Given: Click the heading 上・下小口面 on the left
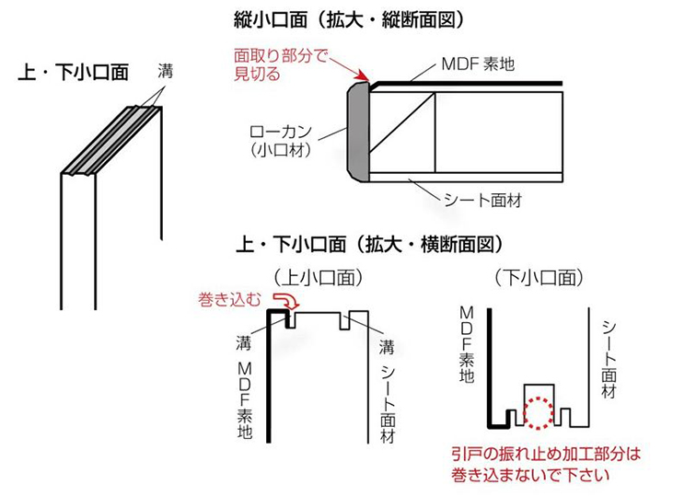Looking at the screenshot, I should pyautogui.click(x=74, y=73).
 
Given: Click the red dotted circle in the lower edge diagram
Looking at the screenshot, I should pyautogui.click(x=537, y=413).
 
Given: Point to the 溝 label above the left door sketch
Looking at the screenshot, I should pyautogui.click(x=164, y=69).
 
